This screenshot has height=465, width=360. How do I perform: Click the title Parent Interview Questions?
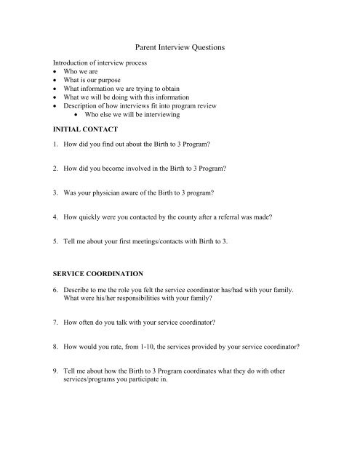(x=180, y=47)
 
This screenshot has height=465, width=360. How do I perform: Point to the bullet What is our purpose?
(x=96, y=83)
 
